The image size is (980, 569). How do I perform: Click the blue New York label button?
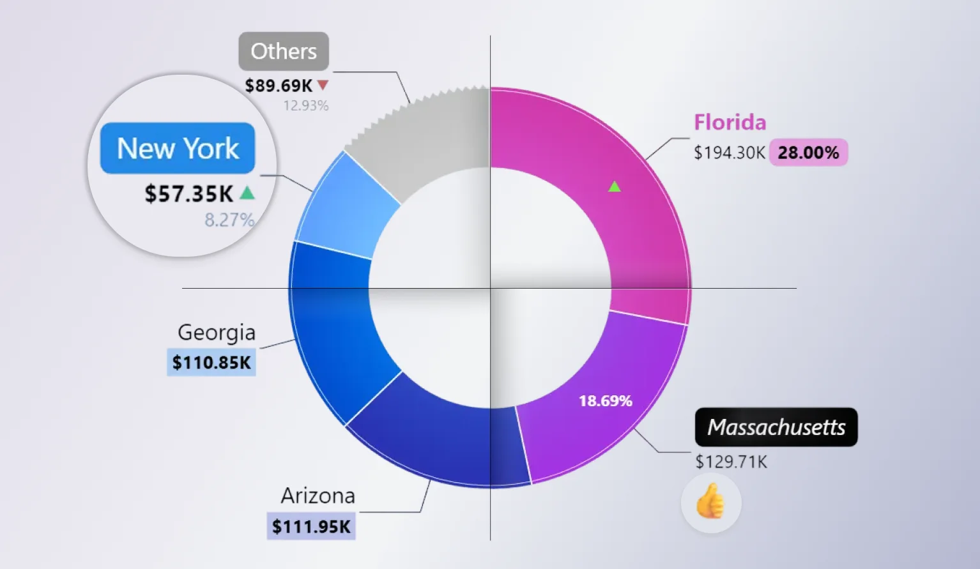coord(178,148)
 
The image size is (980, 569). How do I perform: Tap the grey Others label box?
coord(284,51)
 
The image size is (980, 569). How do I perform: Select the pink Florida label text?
coord(730,122)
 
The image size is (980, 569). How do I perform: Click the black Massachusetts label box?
coord(776,427)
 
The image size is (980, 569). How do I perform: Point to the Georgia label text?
coord(217,332)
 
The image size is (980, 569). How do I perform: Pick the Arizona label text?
coord(318,496)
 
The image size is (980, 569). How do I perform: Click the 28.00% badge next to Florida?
coord(808,153)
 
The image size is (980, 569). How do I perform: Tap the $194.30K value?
coord(729,153)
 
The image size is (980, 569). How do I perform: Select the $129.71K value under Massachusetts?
coord(731,462)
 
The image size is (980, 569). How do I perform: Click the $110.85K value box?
coord(211,362)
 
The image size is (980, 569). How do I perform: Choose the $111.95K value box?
coord(311,526)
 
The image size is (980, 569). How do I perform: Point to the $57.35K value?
coord(189,193)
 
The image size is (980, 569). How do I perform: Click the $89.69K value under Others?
coord(279,86)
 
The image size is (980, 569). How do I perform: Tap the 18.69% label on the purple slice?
coord(605,401)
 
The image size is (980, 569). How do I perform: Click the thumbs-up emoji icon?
coord(711,503)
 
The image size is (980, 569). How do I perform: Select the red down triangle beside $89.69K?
coord(323,84)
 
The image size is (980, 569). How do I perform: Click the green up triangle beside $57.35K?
coord(247,192)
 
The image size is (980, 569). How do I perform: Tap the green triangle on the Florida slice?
coord(615,186)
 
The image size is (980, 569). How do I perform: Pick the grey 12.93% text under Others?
coord(306,105)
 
